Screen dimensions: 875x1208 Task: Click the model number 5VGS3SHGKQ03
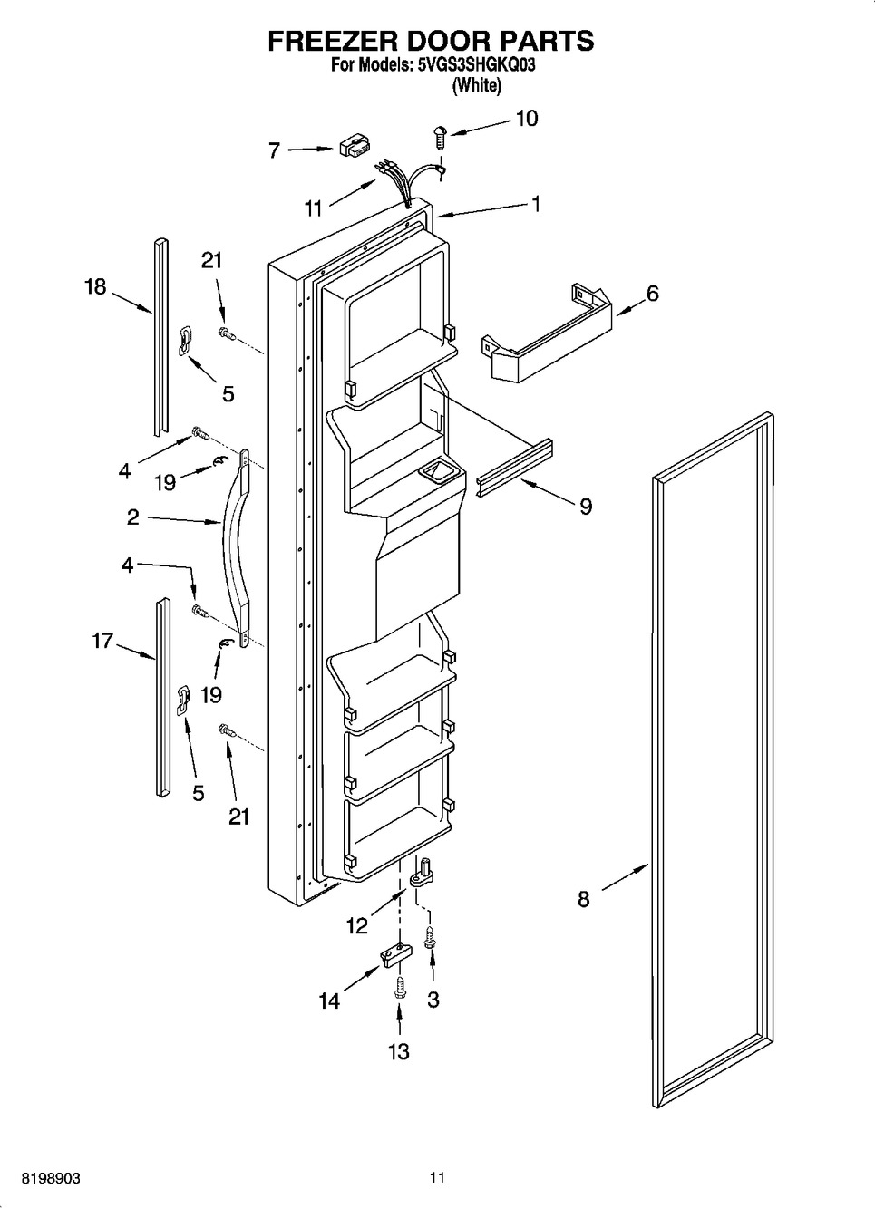pos(477,65)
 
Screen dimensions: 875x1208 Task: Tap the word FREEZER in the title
pos(332,41)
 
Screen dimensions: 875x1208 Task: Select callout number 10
pos(527,119)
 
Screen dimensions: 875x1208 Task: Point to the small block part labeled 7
pos(355,147)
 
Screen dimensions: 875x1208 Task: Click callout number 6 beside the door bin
pos(652,294)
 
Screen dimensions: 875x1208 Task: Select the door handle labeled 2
pos(238,548)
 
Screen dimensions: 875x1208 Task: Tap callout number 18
pos(95,287)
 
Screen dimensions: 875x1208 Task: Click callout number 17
pos(102,642)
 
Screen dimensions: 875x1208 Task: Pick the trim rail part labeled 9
pos(515,467)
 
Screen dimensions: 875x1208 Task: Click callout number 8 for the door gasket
pos(584,899)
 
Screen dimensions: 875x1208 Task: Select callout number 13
pos(399,1051)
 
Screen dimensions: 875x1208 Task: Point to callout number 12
pos(356,925)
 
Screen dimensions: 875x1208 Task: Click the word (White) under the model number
pos(477,85)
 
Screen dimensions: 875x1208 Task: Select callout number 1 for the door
pos(536,205)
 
